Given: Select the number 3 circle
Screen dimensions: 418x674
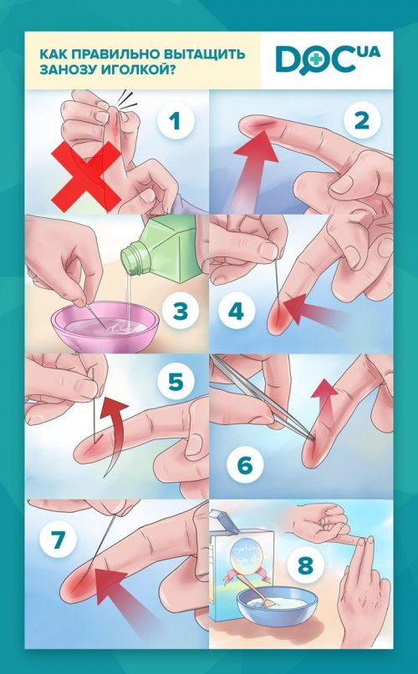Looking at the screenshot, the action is (181, 311).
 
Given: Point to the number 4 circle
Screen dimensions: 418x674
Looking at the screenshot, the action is (236, 311).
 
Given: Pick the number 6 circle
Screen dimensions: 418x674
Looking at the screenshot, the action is (245, 465).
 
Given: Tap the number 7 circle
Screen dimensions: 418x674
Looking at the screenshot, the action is (58, 540).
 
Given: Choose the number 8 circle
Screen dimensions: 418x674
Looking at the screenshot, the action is (305, 565).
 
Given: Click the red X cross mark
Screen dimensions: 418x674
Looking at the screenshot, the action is (86, 177).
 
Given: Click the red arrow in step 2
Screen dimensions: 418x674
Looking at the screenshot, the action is (252, 168).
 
